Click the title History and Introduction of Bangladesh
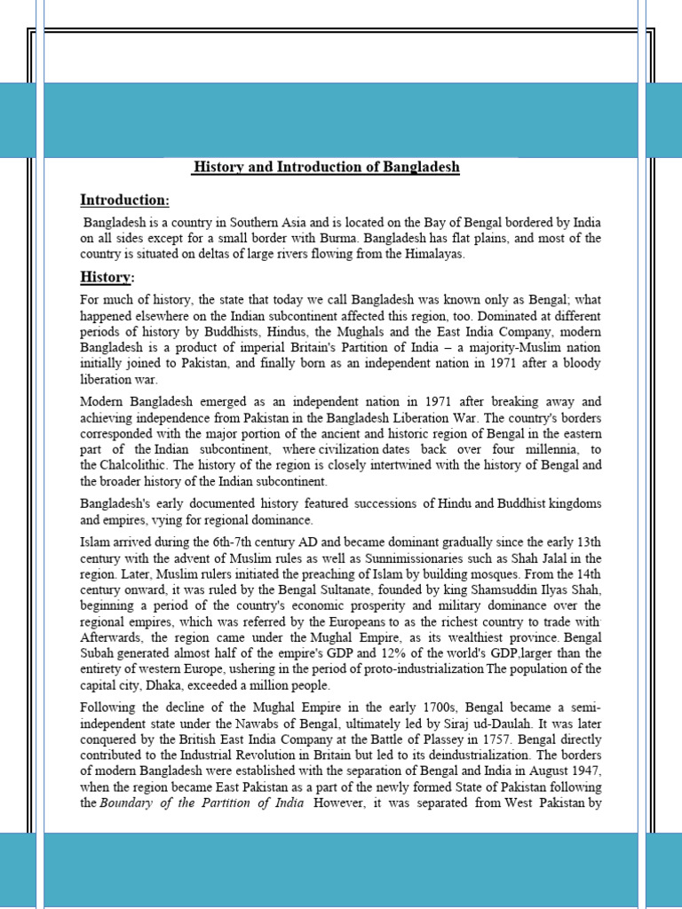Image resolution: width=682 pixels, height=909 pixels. click(327, 167)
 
